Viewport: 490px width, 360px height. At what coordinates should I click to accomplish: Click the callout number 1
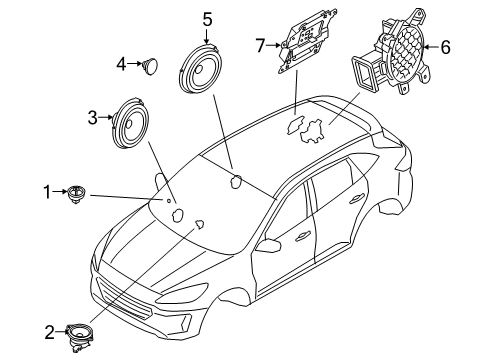coord(46,190)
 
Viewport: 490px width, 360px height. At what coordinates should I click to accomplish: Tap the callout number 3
coord(93,118)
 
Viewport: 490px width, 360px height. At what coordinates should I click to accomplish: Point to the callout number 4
coord(121,64)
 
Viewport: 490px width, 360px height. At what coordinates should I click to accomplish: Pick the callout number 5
coord(207,19)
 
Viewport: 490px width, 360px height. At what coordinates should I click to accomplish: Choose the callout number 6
coord(446,47)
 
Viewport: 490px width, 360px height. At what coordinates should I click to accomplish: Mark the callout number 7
coord(258,45)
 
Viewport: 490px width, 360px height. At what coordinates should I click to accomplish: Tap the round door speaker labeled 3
coord(133,121)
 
